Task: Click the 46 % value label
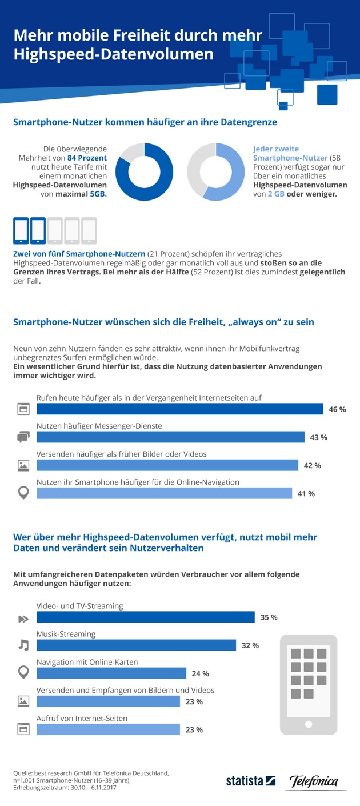coord(337,409)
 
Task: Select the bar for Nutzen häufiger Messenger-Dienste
coord(170,437)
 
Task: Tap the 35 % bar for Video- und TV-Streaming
coord(145,617)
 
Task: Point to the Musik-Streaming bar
coord(136,645)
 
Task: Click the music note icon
coord(23,645)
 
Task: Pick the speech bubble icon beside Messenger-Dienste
coord(23,437)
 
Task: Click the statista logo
coord(251,781)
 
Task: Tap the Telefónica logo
coord(314,781)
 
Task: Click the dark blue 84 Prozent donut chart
coord(145,172)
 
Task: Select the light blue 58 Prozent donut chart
coord(215,172)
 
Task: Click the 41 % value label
coord(306,493)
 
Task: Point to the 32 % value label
coord(250,645)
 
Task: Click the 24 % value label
coord(201,673)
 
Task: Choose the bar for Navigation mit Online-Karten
coord(111,673)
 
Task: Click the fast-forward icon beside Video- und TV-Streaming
coord(23,618)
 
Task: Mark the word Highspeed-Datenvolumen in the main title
coord(114,55)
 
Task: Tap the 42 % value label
coord(312,465)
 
